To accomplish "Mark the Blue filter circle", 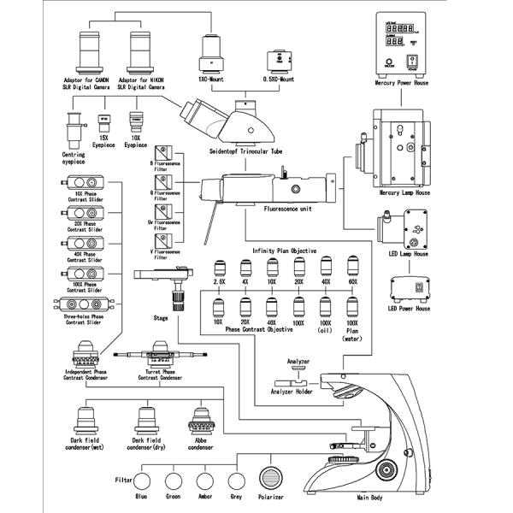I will pos(142,481).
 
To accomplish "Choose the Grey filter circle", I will pos(233,481).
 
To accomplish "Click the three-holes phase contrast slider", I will pos(81,305).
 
